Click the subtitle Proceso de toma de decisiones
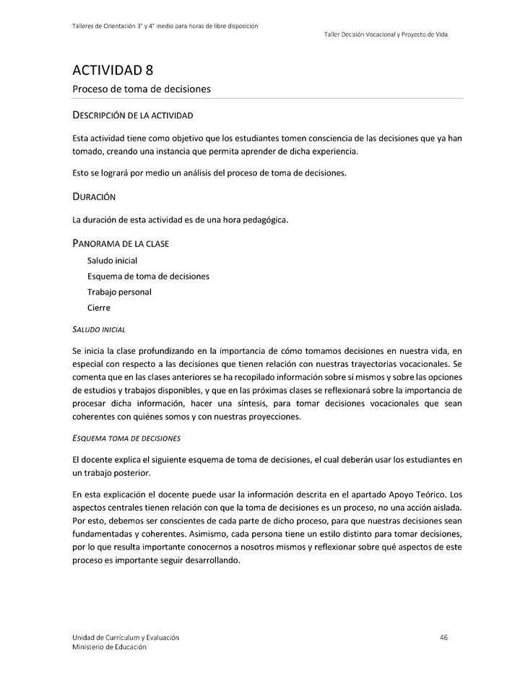click(141, 89)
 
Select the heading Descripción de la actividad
click(132, 115)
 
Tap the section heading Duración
click(94, 196)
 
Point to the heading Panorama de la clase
click(121, 243)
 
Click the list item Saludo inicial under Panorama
click(112, 261)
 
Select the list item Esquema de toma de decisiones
click(148, 277)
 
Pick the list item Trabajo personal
click(119, 292)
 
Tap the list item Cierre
click(99, 308)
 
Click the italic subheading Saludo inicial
click(99, 329)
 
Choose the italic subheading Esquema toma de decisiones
click(126, 438)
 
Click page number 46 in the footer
click(444, 637)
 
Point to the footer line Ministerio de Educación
click(109, 647)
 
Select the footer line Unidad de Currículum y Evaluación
click(126, 637)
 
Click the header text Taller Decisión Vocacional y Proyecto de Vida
click(386, 35)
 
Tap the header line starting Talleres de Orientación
click(165, 26)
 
